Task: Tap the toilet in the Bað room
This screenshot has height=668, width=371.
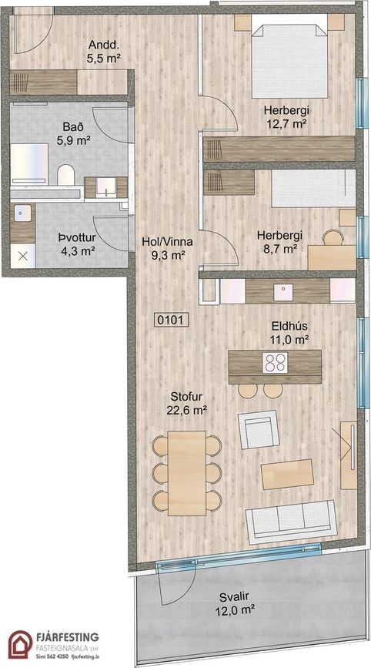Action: (x=65, y=175)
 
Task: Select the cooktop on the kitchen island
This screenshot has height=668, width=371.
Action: (x=275, y=363)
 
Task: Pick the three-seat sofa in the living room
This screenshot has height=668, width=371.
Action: (x=292, y=522)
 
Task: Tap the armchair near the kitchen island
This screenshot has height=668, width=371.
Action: (x=259, y=429)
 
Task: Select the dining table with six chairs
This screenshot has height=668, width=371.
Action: (x=187, y=473)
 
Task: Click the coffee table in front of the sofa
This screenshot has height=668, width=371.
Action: (x=287, y=474)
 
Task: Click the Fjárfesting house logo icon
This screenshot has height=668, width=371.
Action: (x=20, y=645)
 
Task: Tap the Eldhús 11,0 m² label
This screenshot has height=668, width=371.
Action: (x=289, y=333)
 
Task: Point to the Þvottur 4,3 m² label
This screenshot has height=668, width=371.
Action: (x=76, y=244)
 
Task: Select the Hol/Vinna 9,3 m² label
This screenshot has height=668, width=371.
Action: (x=167, y=248)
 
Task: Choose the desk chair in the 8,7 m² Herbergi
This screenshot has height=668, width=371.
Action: (x=333, y=237)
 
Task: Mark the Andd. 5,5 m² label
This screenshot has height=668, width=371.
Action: (x=102, y=52)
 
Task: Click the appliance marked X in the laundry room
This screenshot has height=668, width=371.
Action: (x=23, y=256)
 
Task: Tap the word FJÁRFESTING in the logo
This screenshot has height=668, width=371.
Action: (x=68, y=637)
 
